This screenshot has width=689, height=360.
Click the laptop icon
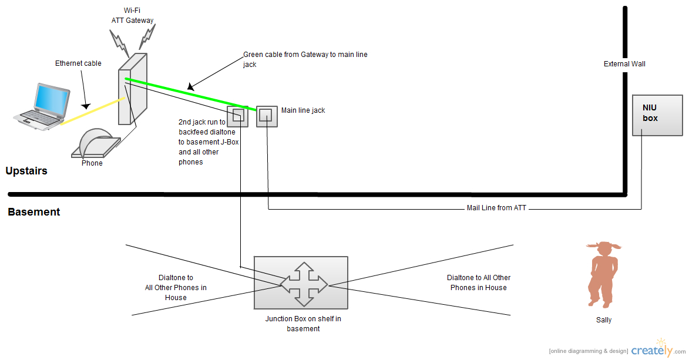click(x=42, y=106)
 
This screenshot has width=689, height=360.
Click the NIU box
click(x=657, y=115)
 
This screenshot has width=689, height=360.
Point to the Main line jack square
click(x=266, y=116)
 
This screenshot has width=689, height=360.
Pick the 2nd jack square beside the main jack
click(x=238, y=116)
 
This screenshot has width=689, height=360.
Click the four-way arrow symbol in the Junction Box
click(x=304, y=285)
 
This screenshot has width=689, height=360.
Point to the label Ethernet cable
click(x=78, y=63)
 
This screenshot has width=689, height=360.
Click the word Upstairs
click(x=26, y=171)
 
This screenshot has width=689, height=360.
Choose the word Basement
click(x=34, y=212)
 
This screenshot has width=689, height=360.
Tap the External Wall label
click(x=624, y=64)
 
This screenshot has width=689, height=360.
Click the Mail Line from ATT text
click(x=496, y=208)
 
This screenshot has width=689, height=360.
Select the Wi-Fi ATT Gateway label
click(x=133, y=16)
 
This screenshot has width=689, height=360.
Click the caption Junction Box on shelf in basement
click(x=303, y=324)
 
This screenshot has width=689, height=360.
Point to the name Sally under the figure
click(x=604, y=320)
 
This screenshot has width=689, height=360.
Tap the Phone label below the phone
click(x=92, y=163)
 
